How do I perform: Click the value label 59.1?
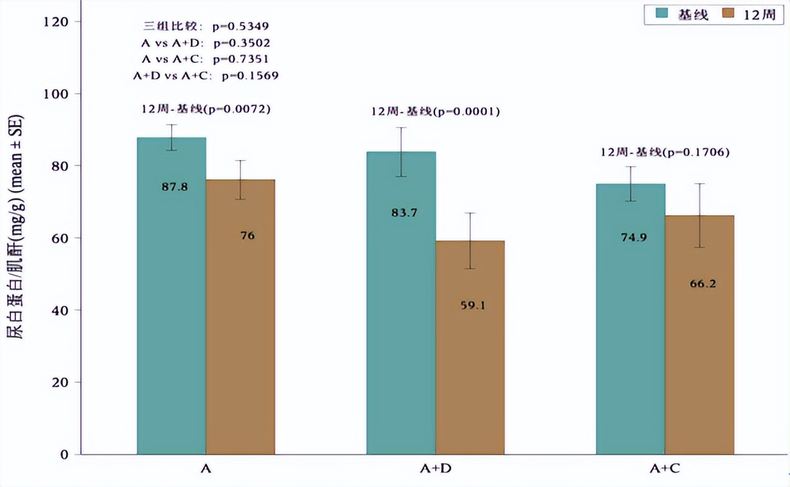[x=473, y=305]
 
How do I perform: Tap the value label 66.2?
[x=702, y=284]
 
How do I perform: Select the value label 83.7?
[x=404, y=213]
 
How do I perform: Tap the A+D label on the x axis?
[x=435, y=469]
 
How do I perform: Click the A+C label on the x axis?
[x=665, y=469]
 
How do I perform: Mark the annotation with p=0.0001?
[x=435, y=112]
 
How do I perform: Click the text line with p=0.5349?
[x=206, y=27]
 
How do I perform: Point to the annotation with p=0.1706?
[x=665, y=152]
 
